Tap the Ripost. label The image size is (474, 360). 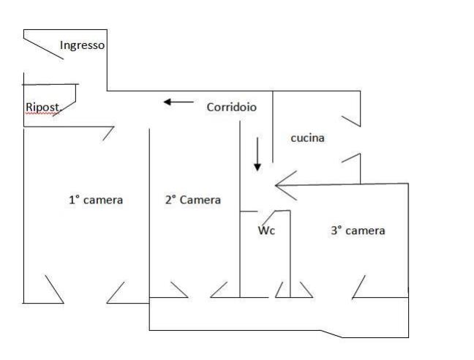42,108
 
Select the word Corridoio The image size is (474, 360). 231,107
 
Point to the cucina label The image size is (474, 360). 307,138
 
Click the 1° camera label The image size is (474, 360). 95,200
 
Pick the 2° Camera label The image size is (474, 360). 192,200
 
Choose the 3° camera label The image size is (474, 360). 357,230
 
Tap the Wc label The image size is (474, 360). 266,230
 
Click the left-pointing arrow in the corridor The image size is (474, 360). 178,102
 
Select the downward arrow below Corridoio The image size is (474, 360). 257,154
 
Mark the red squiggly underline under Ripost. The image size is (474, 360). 42,114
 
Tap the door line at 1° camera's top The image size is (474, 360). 108,133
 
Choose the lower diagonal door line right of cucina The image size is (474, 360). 351,161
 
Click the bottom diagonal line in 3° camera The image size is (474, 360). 358,287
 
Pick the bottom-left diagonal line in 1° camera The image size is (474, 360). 54,288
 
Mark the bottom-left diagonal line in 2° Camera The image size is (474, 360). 178,290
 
